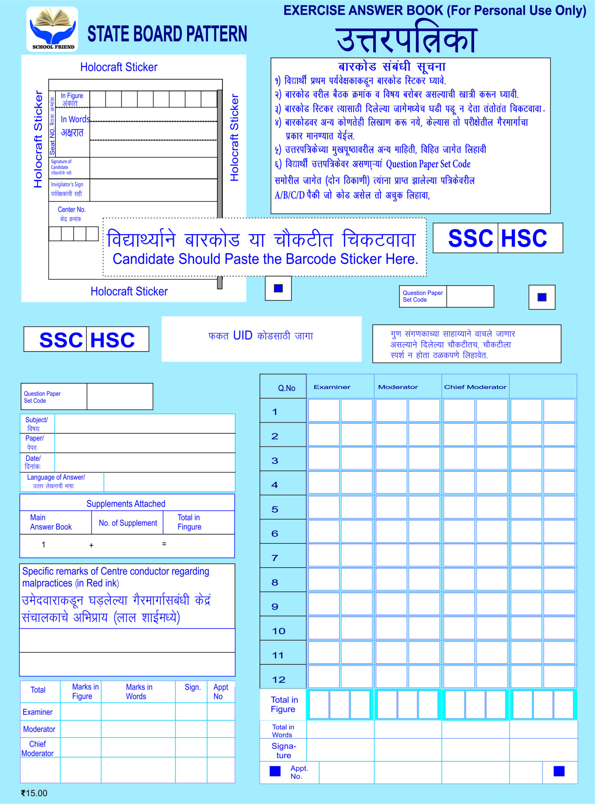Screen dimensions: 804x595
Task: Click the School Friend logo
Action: (x=52, y=29)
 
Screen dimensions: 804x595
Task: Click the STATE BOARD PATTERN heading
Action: (x=167, y=34)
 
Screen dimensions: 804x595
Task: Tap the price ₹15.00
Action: (x=34, y=793)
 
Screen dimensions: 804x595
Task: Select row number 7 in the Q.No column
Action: (x=275, y=558)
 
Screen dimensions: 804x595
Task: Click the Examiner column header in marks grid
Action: (x=332, y=387)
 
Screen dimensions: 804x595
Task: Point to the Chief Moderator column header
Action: (x=475, y=387)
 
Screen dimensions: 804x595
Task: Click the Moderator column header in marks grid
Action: (x=398, y=387)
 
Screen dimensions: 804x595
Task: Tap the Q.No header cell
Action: (x=286, y=388)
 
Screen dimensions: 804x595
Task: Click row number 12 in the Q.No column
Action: (x=278, y=680)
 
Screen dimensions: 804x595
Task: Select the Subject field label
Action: (x=36, y=424)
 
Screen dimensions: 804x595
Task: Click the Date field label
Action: (x=33, y=462)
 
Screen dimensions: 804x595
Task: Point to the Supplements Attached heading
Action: (x=126, y=504)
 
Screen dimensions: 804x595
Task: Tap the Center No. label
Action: (x=71, y=214)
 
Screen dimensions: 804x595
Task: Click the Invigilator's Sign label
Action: (x=67, y=189)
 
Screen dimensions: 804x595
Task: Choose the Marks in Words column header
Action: (x=139, y=692)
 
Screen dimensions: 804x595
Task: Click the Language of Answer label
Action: (x=56, y=481)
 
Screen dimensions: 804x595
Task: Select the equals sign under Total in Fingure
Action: (x=164, y=544)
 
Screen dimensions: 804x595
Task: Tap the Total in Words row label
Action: (x=283, y=731)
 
